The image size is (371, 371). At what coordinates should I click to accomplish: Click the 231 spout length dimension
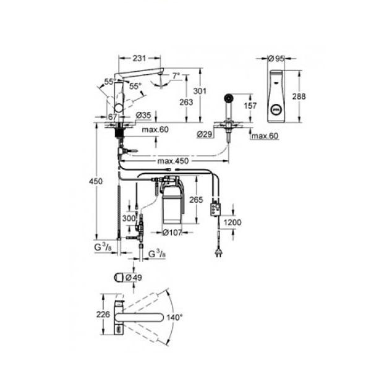coord(139,58)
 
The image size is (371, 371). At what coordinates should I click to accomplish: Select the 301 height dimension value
coord(200,91)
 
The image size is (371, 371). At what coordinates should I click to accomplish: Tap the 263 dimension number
coord(186,102)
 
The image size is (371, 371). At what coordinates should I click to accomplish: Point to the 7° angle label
coord(176,76)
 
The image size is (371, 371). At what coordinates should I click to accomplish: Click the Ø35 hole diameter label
coord(143,116)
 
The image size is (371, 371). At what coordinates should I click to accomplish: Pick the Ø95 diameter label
coord(276,59)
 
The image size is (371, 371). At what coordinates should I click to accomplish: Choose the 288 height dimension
coord(299,96)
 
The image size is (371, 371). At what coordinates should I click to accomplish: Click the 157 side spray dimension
coord(250,106)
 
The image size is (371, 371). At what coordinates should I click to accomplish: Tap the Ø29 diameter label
coord(205,134)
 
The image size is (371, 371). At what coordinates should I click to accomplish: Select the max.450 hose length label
coord(173,161)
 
